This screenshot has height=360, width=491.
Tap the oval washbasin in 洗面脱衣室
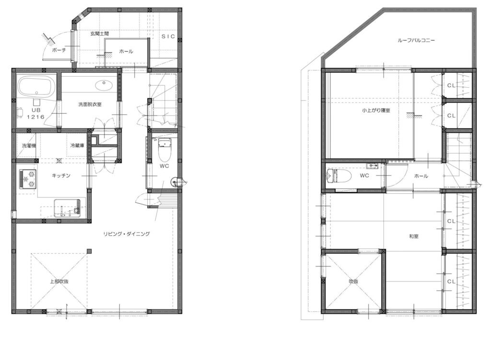[x=104, y=84]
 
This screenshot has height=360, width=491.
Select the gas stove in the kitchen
[x=28, y=179]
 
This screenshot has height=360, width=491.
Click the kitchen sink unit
[x=67, y=208]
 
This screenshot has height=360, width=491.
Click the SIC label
[x=168, y=36]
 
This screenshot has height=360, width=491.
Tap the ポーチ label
[x=59, y=50]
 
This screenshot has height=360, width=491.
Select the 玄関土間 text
[x=100, y=34]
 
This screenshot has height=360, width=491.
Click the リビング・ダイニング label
[x=127, y=233]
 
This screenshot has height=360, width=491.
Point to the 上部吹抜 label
[x=59, y=281]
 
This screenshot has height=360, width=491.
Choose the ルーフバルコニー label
[x=416, y=40]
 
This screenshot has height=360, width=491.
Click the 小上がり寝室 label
[x=376, y=111]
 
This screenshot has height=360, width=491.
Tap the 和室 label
[x=414, y=236]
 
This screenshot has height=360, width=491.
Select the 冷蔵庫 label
[x=77, y=146]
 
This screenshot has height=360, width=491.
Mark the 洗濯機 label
[x=29, y=146]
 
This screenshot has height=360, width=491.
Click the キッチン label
[x=61, y=175]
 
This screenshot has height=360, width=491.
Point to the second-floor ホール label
[x=421, y=176]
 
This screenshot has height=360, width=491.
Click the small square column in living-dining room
[x=89, y=251]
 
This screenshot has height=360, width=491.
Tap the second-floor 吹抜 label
[x=353, y=281]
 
